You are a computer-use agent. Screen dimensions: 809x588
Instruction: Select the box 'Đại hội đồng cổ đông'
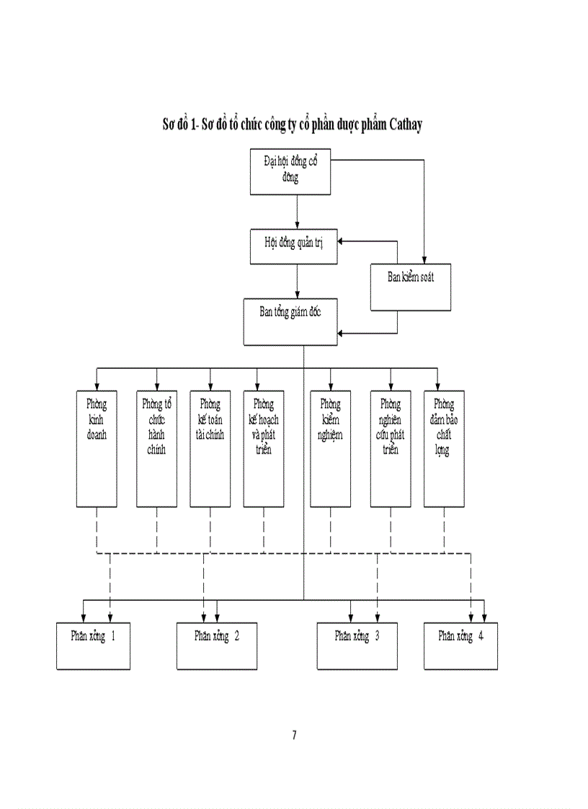[x=290, y=172]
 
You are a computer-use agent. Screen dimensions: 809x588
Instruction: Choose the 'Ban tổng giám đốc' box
[x=290, y=321]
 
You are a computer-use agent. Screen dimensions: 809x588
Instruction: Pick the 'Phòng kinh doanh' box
[x=97, y=448]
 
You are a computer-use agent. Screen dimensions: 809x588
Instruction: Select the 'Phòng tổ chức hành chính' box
[x=156, y=448]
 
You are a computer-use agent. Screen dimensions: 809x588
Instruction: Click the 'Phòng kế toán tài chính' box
[x=210, y=448]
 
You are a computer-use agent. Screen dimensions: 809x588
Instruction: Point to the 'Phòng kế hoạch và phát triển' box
[x=264, y=448]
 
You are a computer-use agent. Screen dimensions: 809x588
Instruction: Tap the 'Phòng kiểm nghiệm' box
[x=330, y=448]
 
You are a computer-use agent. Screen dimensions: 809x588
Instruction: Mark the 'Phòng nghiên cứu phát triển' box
[x=391, y=448]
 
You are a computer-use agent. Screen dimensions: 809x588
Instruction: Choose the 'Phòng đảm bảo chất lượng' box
[x=444, y=448]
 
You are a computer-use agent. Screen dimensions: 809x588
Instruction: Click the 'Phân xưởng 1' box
[x=94, y=645]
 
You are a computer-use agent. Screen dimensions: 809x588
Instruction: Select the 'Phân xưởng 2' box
[x=217, y=645]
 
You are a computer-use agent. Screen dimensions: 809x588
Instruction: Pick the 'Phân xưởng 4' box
[x=460, y=645]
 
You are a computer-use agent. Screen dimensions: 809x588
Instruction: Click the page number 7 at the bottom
[x=294, y=735]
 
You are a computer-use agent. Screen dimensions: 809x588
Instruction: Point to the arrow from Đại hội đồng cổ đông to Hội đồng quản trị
[x=297, y=212]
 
